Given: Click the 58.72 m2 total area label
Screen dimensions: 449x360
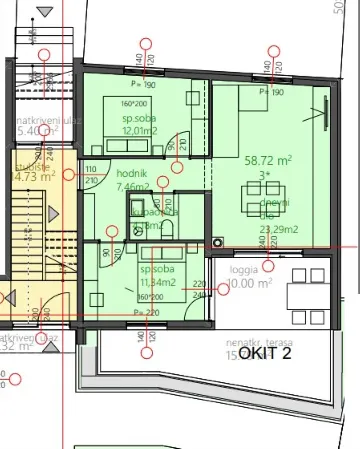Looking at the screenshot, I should tap(268, 159).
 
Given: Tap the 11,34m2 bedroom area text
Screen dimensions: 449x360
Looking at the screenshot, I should tap(159, 283).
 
